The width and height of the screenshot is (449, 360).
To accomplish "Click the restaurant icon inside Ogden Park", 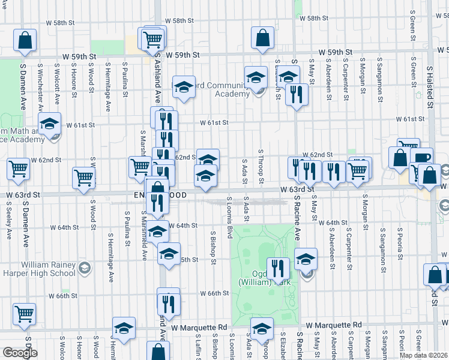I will [x=278, y=268].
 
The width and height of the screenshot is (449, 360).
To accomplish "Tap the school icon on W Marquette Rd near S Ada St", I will [x=262, y=329].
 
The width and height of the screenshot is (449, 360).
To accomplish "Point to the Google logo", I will [x=20, y=352].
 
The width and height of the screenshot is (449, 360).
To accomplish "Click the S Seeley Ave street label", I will [x=8, y=221].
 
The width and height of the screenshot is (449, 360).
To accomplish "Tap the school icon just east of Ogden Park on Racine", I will [x=306, y=259].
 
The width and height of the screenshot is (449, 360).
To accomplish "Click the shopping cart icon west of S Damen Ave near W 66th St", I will [x=25, y=313].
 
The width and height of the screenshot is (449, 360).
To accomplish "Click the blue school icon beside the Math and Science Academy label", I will [x=50, y=123].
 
